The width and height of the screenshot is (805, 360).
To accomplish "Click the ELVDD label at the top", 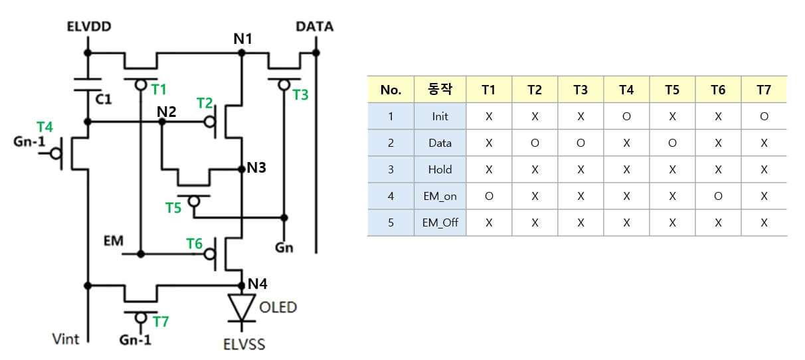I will point(89,27).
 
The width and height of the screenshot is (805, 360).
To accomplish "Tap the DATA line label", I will point(314,27).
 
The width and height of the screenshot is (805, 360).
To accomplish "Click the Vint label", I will point(66,339).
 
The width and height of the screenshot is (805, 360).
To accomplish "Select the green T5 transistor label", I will point(173,208).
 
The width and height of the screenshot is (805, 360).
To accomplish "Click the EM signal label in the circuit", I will point(114,240).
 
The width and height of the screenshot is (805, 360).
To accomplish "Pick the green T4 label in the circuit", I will point(44,126).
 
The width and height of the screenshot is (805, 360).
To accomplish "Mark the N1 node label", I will point(242,39).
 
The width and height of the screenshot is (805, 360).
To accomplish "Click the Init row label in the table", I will point(440,116).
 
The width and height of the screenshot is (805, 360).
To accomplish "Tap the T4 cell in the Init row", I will point(626,116).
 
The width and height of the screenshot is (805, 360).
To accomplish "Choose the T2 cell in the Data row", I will point(535,143).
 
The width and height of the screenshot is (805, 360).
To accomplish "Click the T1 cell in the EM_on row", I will point(489,196).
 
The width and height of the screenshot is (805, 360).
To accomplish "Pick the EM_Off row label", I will point(440,223).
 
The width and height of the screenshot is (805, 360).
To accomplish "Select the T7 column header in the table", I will point(764,90).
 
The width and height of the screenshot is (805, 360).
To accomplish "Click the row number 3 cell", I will point(391,169).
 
